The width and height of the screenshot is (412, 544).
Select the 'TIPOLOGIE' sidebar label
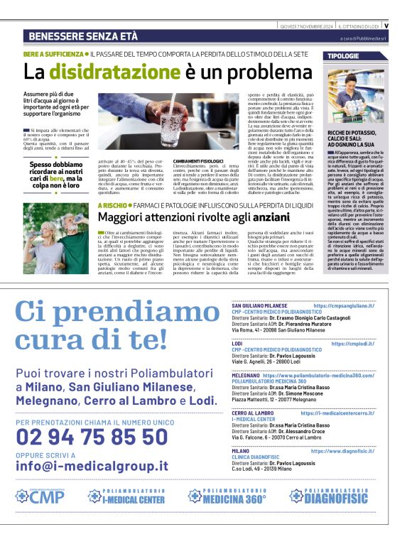click(344, 55)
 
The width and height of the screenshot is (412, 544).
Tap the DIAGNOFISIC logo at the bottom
click(342, 496)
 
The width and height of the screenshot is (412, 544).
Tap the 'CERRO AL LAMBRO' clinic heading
click(253, 413)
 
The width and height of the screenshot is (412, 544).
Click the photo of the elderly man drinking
click(46, 238)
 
